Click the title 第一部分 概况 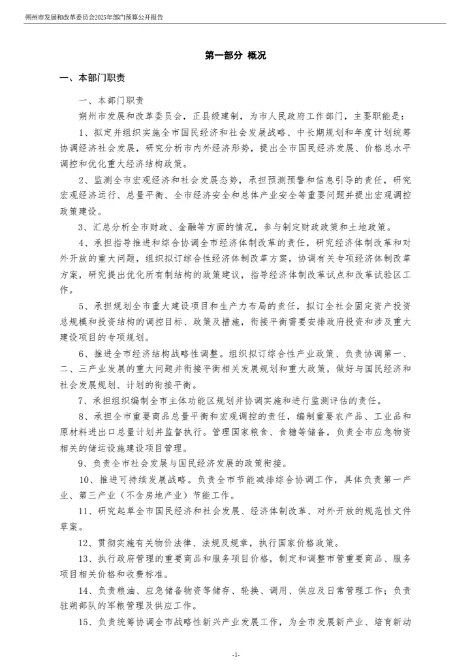coord(235,56)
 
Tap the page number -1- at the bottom coord(235,655)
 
